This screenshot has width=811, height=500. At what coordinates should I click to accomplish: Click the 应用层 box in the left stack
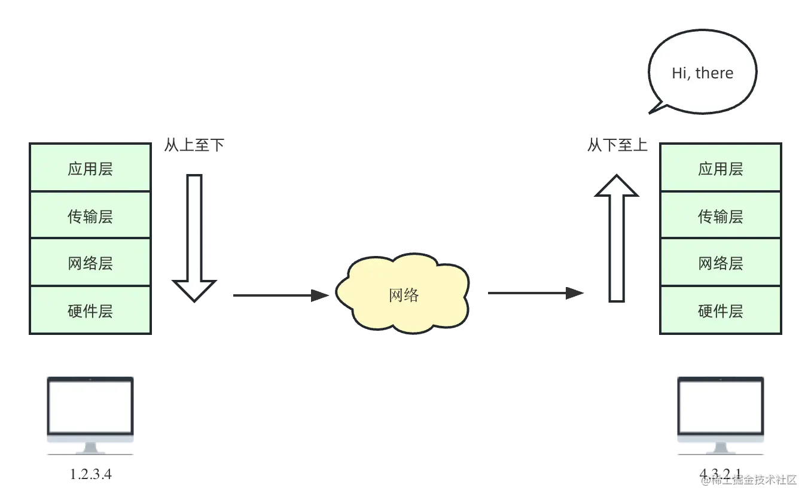[90, 168]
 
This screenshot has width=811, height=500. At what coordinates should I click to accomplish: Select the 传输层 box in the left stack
[90, 216]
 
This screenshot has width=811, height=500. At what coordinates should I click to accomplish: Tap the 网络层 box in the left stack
[90, 263]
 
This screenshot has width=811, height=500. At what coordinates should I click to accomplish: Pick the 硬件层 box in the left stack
[90, 310]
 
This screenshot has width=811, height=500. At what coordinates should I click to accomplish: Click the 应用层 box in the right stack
[721, 168]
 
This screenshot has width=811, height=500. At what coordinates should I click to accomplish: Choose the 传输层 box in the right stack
[721, 216]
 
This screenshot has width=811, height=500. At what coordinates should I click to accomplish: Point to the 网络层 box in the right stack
[721, 263]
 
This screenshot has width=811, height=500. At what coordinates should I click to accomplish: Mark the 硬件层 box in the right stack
[721, 310]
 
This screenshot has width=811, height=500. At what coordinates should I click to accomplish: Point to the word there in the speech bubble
[715, 73]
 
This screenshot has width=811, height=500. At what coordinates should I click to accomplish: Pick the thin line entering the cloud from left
[275, 294]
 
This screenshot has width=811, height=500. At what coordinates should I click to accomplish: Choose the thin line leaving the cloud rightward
[532, 294]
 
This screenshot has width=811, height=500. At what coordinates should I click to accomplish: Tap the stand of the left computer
[90, 447]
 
